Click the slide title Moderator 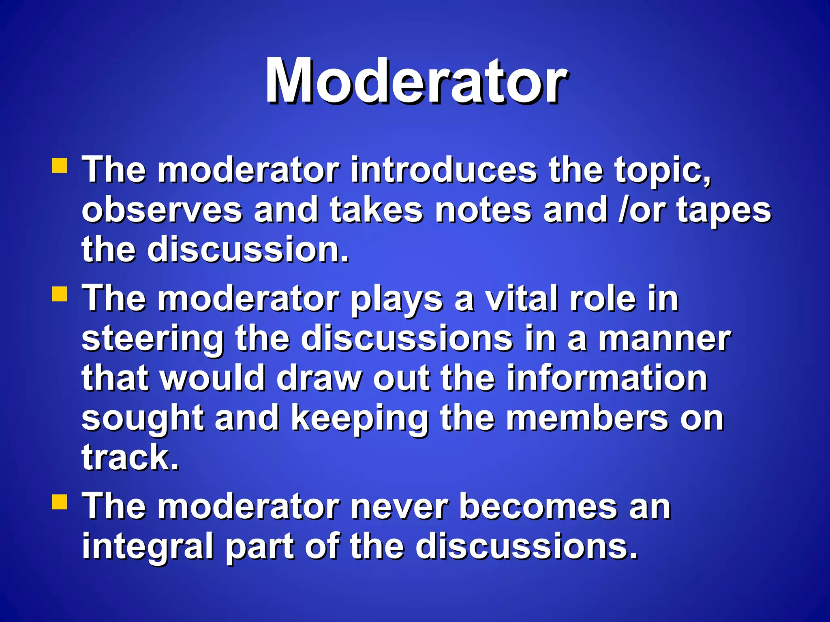(416, 81)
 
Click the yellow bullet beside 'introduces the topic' (60, 166)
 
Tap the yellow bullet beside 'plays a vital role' (60, 294)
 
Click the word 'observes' (162, 211)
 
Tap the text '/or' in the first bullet (642, 210)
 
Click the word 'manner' (665, 339)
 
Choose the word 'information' (607, 378)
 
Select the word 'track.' (130, 458)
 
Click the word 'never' (399, 507)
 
